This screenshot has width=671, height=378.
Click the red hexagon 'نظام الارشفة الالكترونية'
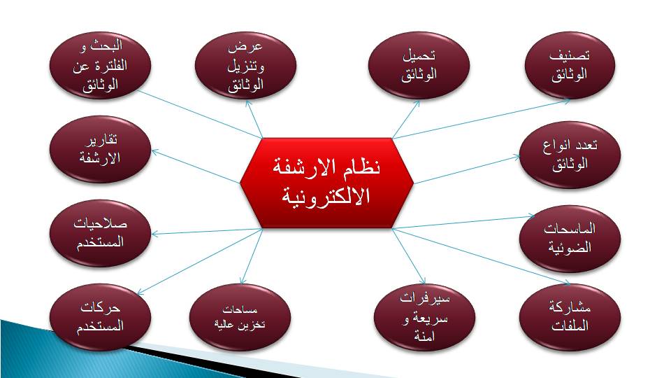[326, 183]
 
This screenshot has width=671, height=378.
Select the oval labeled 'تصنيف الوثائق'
[570, 66]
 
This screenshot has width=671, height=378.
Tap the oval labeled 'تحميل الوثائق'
[419, 66]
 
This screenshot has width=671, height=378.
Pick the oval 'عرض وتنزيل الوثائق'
[245, 66]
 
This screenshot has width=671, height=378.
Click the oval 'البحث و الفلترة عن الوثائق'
[100, 66]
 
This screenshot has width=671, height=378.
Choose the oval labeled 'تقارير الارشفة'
[100, 149]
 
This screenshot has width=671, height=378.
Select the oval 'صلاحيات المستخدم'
[100, 233]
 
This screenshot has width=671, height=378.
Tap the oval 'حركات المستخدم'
[100, 317]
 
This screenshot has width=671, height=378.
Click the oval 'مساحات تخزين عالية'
[240, 317]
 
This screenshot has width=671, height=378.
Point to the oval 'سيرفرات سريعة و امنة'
[424, 317]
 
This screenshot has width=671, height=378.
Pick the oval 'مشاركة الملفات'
[570, 317]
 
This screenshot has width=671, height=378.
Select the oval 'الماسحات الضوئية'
[570, 239]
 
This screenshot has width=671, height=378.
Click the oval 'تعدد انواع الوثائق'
[570, 155]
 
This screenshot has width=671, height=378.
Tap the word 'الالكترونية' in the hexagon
[326, 196]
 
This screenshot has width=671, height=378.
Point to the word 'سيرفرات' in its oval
[424, 299]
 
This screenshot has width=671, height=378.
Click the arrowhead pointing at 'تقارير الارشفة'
[155, 152]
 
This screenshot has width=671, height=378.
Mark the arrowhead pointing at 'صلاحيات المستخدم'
[155, 234]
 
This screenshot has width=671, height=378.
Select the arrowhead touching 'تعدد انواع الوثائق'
[516, 157]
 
